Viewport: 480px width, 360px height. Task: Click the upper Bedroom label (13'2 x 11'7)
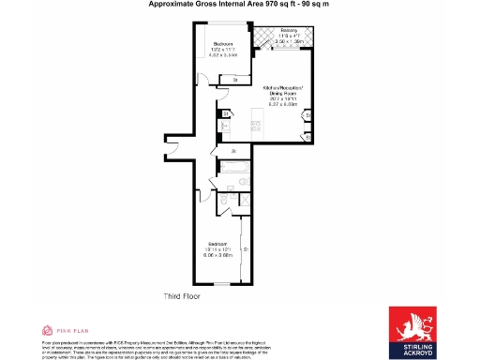pyautogui.click(x=223, y=49)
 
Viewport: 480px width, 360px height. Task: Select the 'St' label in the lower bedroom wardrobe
pyautogui.click(x=246, y=250)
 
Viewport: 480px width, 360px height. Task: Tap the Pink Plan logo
pyautogui.click(x=66, y=330)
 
